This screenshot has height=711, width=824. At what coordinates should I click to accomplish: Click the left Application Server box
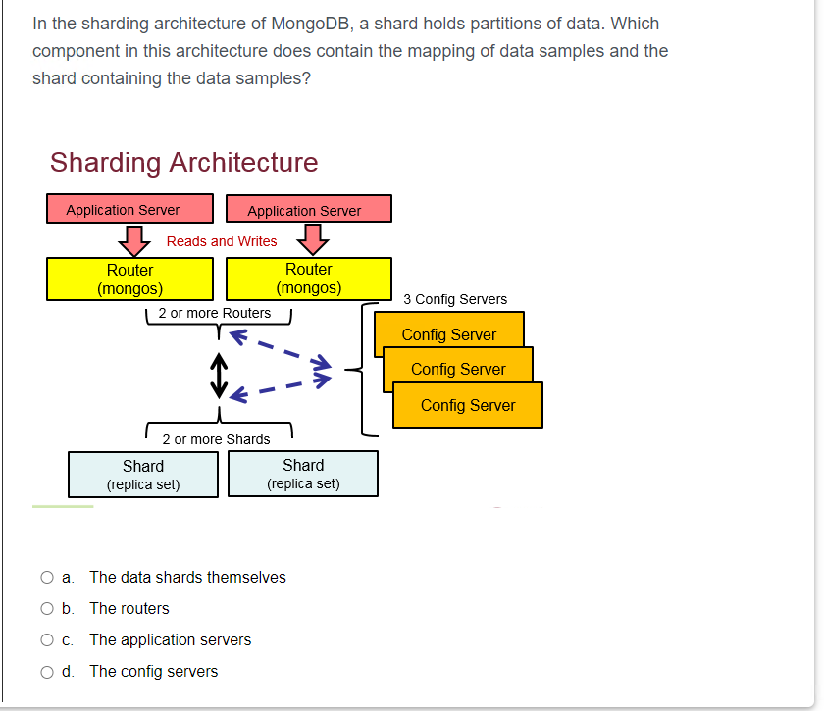click(x=129, y=209)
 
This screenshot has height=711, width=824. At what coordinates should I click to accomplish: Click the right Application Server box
click(x=308, y=210)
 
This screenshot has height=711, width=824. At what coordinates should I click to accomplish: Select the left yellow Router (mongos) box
click(x=129, y=279)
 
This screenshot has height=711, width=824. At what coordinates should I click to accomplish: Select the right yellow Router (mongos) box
click(x=308, y=279)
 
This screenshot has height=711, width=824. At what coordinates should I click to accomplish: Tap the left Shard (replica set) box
click(x=143, y=475)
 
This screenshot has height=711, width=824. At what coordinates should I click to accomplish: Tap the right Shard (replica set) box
click(x=302, y=474)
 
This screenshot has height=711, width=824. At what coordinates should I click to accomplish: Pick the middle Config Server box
click(x=458, y=364)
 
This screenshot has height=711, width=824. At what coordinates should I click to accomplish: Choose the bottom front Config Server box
click(x=467, y=405)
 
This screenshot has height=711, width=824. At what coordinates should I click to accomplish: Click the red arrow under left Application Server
click(x=133, y=238)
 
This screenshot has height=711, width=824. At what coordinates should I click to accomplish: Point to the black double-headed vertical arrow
click(x=219, y=376)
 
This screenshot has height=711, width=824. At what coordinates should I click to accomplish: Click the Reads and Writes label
click(x=222, y=241)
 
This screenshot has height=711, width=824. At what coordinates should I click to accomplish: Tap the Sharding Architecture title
click(x=183, y=162)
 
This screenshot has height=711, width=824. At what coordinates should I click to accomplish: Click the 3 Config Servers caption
click(x=455, y=299)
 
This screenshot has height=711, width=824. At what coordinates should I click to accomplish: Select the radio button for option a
click(x=47, y=578)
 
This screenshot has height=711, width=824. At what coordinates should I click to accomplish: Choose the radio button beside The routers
click(x=47, y=609)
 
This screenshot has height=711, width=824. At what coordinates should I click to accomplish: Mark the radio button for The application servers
click(x=47, y=640)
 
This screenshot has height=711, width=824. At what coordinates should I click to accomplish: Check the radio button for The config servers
click(x=47, y=672)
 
